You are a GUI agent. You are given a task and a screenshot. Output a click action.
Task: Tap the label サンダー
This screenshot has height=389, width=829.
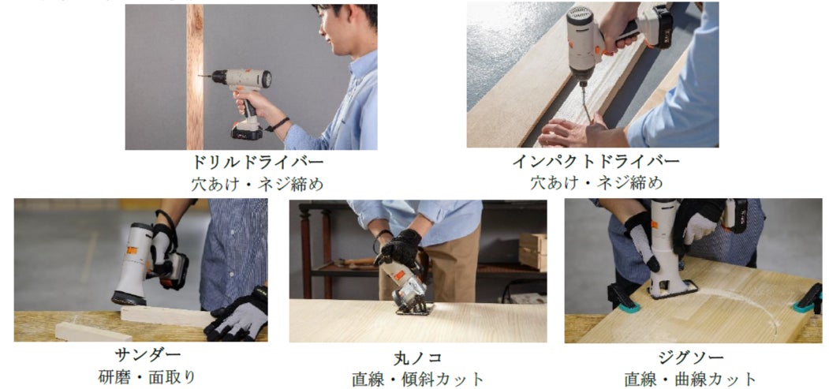pyautogui.click(x=148, y=354)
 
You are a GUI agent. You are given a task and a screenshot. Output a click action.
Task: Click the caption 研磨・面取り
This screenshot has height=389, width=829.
pyautogui.click(x=148, y=377)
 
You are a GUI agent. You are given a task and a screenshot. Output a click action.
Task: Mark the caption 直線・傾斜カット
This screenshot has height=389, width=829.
pyautogui.click(x=418, y=380)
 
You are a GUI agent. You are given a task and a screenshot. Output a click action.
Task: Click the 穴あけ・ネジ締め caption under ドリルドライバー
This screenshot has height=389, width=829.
pyautogui.click(x=258, y=184)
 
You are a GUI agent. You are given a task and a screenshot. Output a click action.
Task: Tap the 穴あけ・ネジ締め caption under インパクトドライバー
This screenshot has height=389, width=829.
pyautogui.click(x=596, y=184)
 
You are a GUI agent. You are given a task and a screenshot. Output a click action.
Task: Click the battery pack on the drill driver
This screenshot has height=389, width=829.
pyautogui.click(x=246, y=129)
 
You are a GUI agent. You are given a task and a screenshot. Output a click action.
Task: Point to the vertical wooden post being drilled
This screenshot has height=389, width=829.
pyautogui.click(x=195, y=77)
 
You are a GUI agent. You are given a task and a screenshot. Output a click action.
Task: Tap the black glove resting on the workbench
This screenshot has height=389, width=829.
pyautogui.click(x=237, y=316)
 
